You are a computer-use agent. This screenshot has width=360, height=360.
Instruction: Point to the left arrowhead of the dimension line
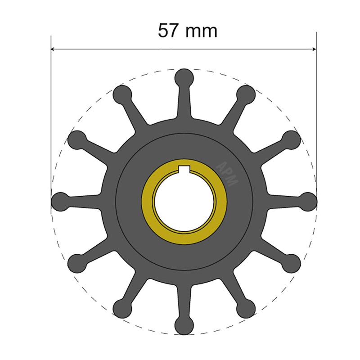(x=53, y=49)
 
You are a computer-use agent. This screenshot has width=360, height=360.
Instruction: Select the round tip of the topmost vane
(x=184, y=77)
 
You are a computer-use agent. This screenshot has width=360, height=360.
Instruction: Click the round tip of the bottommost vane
(x=184, y=325)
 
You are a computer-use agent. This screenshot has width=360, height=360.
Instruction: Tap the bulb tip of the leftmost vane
(x=60, y=201)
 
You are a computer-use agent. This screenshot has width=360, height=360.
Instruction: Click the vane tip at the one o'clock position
(x=246, y=94)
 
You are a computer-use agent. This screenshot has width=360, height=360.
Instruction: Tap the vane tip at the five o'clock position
(x=246, y=308)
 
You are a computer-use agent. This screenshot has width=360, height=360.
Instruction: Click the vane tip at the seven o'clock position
(x=121, y=308)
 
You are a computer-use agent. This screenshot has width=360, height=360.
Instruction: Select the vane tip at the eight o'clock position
(x=76, y=262)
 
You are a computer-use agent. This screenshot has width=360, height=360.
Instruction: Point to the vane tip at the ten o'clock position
(x=76, y=139)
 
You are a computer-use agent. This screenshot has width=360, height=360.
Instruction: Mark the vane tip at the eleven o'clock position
(x=121, y=94)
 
